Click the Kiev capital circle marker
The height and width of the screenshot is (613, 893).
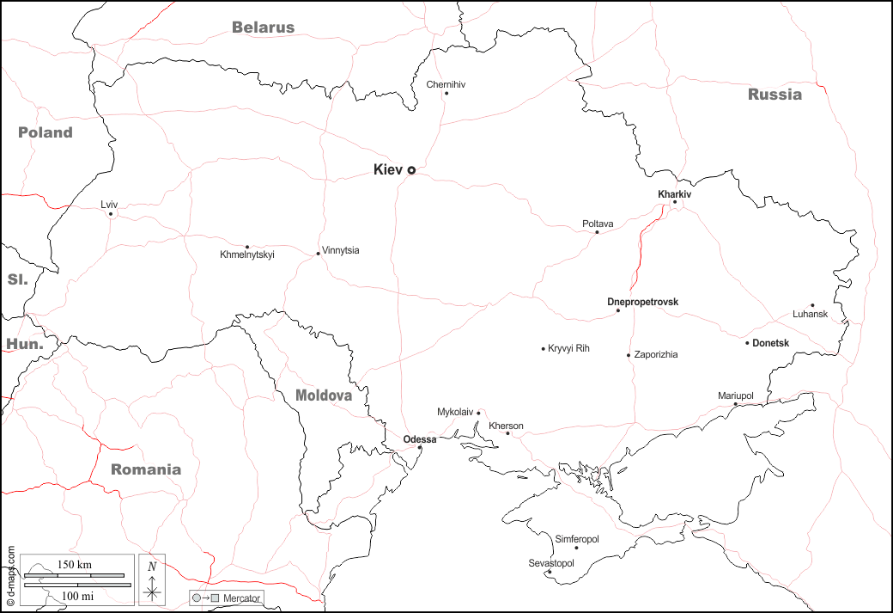[x=411, y=170]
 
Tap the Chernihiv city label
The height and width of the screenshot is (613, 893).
[x=446, y=84]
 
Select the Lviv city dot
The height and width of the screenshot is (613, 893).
[x=111, y=214]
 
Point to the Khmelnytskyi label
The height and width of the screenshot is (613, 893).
[x=246, y=254]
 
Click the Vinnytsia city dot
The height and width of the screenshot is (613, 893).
[x=318, y=253]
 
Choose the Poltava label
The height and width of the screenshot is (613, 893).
[x=598, y=224]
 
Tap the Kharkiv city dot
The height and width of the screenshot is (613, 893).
[x=675, y=202]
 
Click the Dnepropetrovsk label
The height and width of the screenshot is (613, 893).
[x=642, y=302]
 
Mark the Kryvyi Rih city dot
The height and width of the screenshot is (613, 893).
[x=544, y=349]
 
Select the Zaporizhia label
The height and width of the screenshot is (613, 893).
[x=656, y=354]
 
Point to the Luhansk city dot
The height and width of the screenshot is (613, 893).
[x=812, y=305]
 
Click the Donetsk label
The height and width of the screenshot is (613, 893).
[x=770, y=343]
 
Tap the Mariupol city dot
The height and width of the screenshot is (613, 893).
[x=735, y=404]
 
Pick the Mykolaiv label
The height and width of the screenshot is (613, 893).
[x=455, y=412]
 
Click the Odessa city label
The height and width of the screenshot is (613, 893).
[x=420, y=439]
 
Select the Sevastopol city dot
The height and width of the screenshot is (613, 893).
[x=550, y=572]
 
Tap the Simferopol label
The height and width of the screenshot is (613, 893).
[x=577, y=538]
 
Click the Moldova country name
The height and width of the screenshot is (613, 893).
[x=324, y=395]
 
